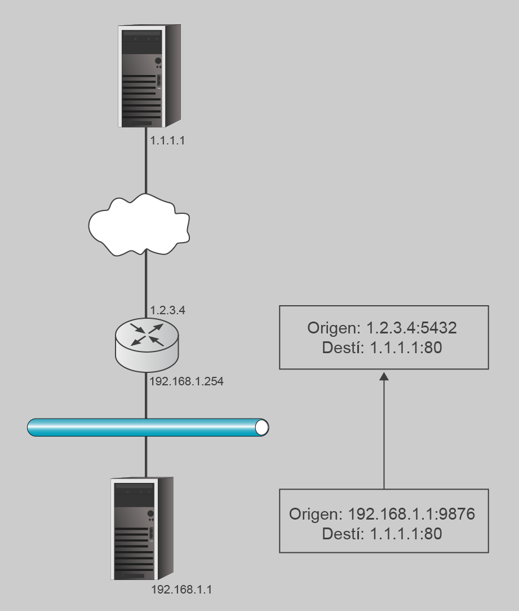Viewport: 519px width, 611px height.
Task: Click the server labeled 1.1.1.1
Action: click(x=150, y=76)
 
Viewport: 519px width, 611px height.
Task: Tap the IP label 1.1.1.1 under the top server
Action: click(x=167, y=141)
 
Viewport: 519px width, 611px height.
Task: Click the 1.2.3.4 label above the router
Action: click(x=168, y=311)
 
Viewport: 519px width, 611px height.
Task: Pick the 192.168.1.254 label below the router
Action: click(x=187, y=382)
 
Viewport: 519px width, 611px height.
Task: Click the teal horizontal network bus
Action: click(x=141, y=427)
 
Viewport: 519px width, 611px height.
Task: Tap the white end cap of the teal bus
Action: click(x=261, y=427)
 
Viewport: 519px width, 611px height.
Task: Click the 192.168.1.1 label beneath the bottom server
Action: click(x=183, y=590)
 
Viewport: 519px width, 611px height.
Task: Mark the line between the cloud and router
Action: click(x=146, y=282)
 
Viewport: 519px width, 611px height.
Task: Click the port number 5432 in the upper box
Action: click(x=440, y=329)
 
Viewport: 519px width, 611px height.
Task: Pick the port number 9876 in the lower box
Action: click(x=459, y=515)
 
